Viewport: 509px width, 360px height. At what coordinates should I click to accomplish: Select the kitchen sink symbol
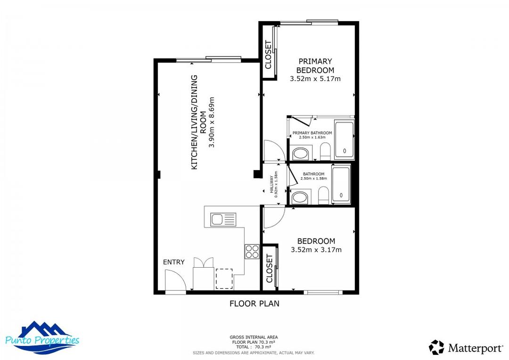[x=223, y=219]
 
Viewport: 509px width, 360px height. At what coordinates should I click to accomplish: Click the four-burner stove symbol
[x=252, y=251]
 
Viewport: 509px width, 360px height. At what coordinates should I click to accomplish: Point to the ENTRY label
[x=173, y=262]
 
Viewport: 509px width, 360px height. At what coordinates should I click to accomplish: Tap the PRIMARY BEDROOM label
[x=315, y=65]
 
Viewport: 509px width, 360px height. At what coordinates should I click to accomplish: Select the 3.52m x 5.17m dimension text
[x=315, y=79]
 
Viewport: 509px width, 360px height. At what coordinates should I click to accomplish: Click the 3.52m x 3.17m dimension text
[x=316, y=250]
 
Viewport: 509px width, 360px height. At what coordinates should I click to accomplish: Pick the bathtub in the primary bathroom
[x=344, y=140]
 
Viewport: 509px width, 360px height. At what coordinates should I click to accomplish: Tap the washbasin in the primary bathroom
[x=300, y=153]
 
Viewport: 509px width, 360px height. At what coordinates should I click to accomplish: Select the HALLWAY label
[x=271, y=184]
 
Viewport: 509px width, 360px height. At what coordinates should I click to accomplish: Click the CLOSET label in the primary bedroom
[x=268, y=55]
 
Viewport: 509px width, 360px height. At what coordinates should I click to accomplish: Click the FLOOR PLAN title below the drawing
[x=254, y=303]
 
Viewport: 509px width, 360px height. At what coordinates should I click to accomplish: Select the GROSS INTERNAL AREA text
[x=254, y=337]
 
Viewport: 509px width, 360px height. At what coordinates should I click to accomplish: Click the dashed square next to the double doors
[x=224, y=278]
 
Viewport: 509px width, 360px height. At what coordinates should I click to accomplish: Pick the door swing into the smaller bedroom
[x=273, y=216]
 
